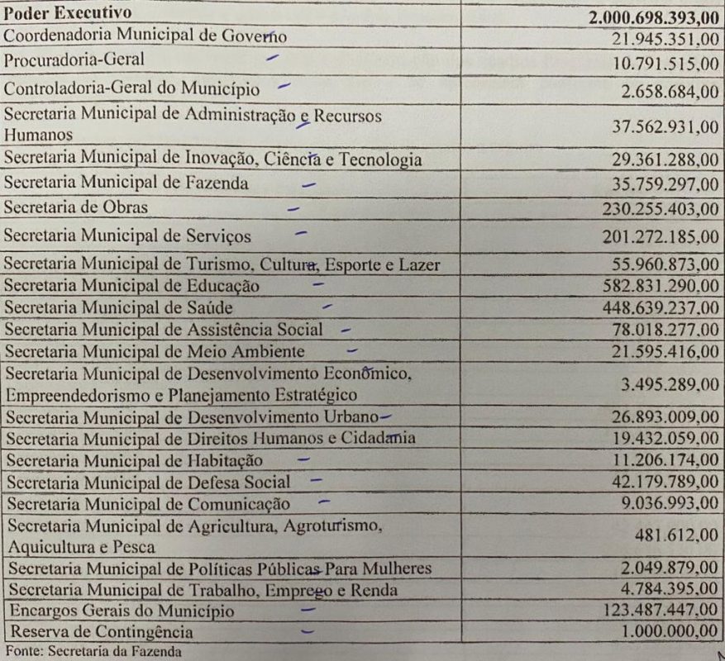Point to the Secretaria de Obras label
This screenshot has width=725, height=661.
coord(76,207)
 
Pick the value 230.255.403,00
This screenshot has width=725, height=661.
coord(661,210)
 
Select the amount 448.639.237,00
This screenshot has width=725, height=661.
coord(661,309)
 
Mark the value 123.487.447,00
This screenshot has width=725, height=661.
coord(661,614)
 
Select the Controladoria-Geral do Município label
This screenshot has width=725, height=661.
coord(131,88)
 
